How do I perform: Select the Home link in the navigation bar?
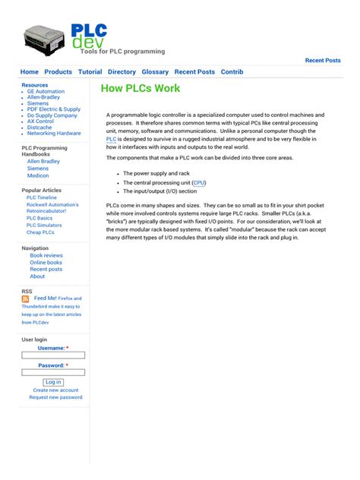(x=29, y=72)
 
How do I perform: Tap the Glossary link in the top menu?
(x=155, y=72)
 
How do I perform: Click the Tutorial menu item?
(x=90, y=72)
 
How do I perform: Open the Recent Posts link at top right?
(x=323, y=60)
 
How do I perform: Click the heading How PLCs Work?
(x=141, y=89)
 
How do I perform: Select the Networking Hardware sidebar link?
(x=54, y=133)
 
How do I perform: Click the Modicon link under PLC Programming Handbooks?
(x=38, y=175)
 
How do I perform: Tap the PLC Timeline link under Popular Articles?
(x=42, y=197)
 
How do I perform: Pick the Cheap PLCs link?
(x=40, y=232)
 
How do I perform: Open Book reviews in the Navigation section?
(x=46, y=256)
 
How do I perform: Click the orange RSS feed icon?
(x=26, y=299)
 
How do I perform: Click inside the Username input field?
(x=53, y=355)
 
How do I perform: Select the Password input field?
(x=53, y=372)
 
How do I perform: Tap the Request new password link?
(x=55, y=397)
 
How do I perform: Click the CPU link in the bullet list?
(x=199, y=183)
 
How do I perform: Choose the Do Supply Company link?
(x=52, y=115)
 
